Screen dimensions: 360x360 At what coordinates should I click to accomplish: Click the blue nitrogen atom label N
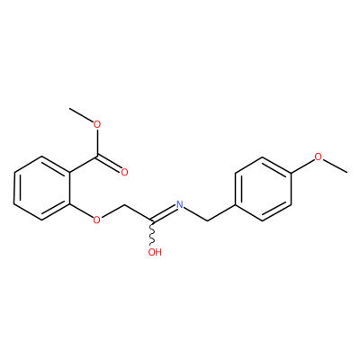180,204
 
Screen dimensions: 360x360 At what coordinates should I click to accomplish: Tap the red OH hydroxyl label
155,252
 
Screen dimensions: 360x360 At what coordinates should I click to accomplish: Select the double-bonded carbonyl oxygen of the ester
124,172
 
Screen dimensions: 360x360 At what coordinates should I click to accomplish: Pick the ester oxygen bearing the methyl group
96,124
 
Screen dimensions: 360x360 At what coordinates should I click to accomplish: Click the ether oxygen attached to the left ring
96,220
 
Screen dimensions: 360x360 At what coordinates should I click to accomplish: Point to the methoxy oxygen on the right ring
318,157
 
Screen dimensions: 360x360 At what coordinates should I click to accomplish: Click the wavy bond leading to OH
152,234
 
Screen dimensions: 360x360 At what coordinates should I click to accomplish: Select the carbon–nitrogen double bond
164,213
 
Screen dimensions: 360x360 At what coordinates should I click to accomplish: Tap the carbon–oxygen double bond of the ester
109,162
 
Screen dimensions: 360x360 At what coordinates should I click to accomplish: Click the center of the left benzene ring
42,188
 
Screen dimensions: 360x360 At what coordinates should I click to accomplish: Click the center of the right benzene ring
263,188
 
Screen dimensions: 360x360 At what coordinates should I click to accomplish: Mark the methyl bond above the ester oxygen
81,115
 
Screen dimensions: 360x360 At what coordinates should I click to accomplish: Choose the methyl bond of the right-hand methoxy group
335,166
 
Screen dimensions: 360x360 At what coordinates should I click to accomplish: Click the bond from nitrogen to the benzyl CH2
195,213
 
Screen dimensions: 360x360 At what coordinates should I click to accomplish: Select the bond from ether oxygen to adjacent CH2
112,211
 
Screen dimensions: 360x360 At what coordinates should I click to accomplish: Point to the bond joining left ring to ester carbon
84,164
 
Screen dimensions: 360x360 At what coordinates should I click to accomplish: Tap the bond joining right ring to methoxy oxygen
302,165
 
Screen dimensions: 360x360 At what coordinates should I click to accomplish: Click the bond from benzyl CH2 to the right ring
221,212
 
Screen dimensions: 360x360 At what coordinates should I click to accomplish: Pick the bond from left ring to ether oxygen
82,211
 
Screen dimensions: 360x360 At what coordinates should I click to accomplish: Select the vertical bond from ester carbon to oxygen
96,142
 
